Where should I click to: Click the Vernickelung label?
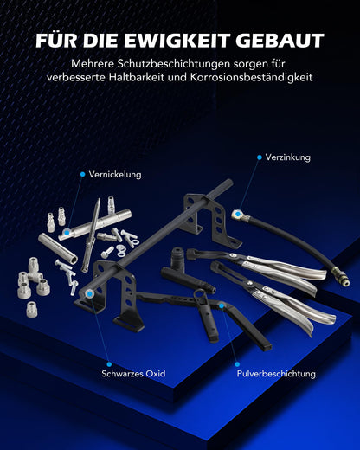[x=115, y=174]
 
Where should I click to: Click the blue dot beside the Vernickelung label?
[x=83, y=174]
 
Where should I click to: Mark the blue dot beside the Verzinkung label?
[x=257, y=157]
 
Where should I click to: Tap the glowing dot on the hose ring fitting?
[x=235, y=212]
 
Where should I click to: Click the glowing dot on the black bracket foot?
[x=92, y=294]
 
